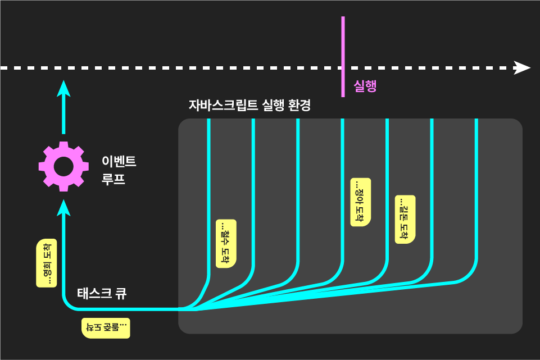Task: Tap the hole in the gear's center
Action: click(63, 166)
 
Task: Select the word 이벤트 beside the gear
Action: click(119, 162)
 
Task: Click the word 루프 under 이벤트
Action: click(113, 180)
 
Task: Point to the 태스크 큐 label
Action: click(102, 293)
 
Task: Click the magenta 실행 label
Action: click(365, 86)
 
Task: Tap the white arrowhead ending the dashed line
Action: click(523, 68)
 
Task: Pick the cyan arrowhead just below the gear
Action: click(63, 207)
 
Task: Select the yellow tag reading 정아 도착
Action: click(360, 202)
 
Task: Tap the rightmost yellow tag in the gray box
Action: click(405, 220)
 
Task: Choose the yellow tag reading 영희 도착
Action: click(47, 263)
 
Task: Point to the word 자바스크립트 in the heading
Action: click(223, 105)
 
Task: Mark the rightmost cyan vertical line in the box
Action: click(477, 191)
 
